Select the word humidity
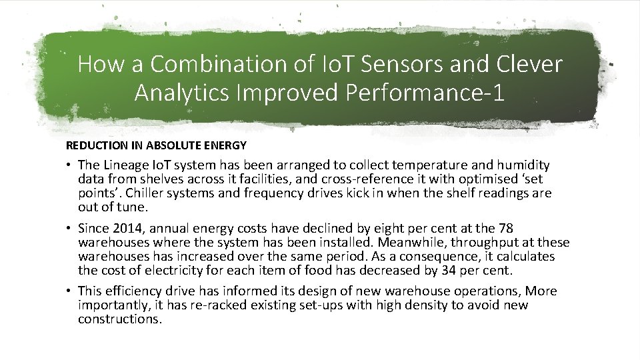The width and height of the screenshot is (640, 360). [x=525, y=165]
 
